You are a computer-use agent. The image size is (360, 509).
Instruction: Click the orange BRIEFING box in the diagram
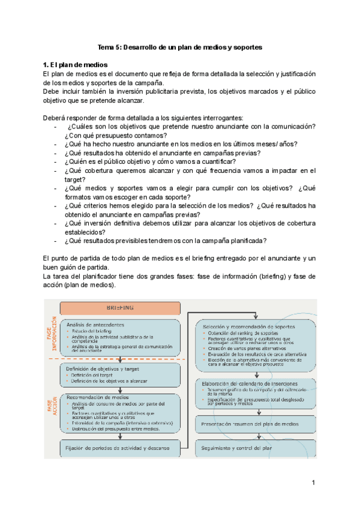[120, 307]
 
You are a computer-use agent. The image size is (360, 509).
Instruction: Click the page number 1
[313, 483]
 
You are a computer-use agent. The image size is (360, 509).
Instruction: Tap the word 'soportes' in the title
[247, 46]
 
